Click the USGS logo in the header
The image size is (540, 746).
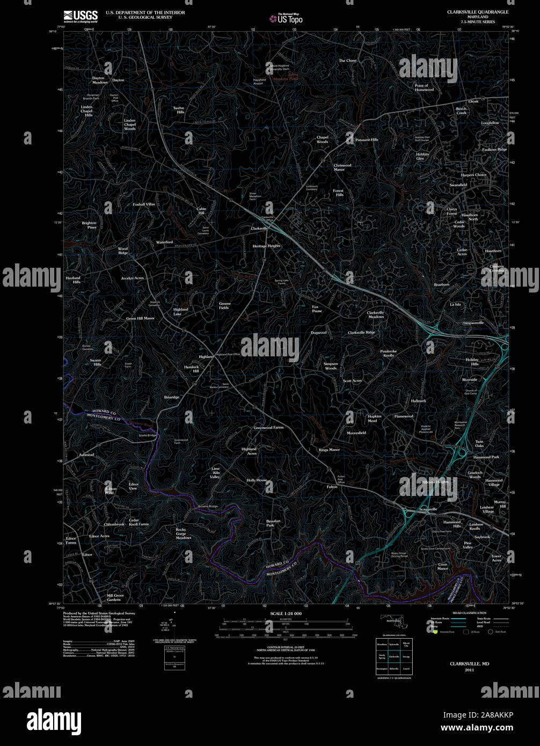point(81,15)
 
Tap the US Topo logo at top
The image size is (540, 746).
point(286,19)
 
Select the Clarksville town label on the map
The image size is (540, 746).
point(259,228)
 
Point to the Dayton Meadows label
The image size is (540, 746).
point(99,81)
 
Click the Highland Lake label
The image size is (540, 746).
point(181,311)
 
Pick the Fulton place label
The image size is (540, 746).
point(332,487)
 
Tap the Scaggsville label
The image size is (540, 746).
point(428,509)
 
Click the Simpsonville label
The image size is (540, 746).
point(473,323)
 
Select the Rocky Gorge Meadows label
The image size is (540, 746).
point(183,533)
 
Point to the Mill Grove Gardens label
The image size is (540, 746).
point(115,597)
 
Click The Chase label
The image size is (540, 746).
point(347,61)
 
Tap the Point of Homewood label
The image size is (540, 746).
point(424,87)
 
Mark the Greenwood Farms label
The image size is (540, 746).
point(268,428)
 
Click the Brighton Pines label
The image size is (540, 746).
point(89,225)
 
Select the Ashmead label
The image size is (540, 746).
point(86,455)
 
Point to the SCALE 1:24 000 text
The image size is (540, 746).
point(286,613)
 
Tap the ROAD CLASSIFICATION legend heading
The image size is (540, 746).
point(469,613)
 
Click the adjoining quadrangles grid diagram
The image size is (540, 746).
point(393,656)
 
